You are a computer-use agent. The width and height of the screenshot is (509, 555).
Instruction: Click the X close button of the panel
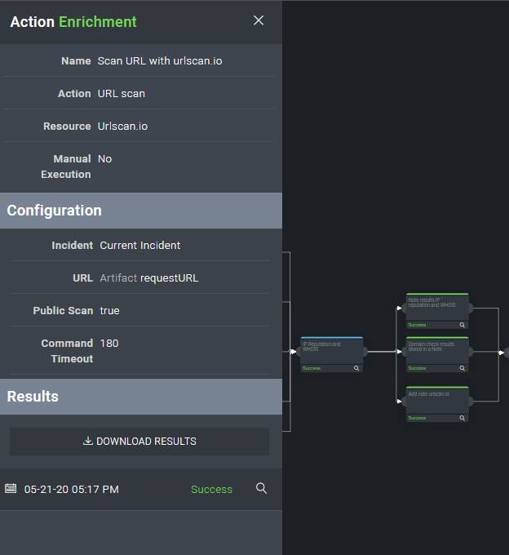tap(259, 20)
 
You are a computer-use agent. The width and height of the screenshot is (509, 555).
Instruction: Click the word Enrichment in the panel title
tap(98, 22)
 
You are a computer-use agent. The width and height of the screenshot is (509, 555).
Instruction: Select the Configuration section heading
tap(55, 211)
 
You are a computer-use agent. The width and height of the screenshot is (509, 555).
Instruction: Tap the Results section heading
tap(33, 397)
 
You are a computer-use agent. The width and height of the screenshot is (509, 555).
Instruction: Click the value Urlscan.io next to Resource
tap(122, 127)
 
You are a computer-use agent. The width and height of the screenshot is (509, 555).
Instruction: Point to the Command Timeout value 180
tap(109, 343)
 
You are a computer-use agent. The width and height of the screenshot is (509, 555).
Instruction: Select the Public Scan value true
tap(110, 310)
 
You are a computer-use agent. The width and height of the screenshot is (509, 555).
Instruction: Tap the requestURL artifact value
tap(169, 277)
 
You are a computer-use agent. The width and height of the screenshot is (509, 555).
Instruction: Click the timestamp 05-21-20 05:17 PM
tap(72, 490)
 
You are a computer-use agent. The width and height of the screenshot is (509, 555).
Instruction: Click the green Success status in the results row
tap(211, 490)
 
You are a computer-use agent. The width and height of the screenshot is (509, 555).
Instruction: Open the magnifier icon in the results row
tap(261, 488)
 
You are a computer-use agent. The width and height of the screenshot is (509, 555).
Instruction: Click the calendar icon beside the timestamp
tap(11, 488)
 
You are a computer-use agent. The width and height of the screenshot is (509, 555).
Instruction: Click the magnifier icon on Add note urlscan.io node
tap(462, 418)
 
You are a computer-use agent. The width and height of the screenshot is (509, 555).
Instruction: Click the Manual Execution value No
tap(104, 158)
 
